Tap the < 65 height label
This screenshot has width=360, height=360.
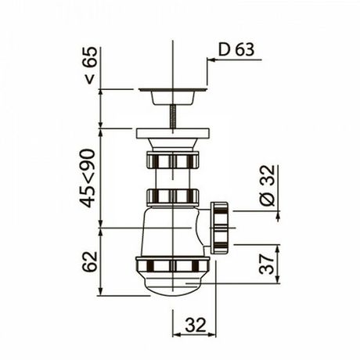click(90, 66)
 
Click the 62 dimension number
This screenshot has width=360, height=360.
click(90, 261)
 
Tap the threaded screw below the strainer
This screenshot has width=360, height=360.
click(171, 118)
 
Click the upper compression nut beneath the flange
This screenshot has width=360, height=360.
click(171, 161)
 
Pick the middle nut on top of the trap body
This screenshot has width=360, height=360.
click(171, 196)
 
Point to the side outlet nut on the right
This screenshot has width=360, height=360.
click(220, 228)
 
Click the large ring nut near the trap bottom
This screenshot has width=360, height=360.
click(172, 265)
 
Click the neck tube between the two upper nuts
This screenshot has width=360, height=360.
click(171, 178)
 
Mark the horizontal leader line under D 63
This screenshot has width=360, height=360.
click(235, 60)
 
